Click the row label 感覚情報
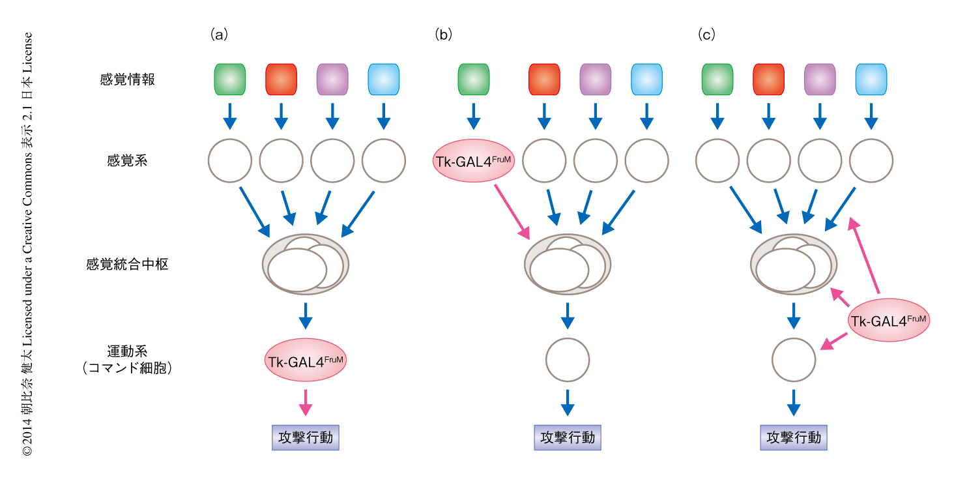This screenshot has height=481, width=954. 127,80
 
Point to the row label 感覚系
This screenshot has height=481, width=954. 127,160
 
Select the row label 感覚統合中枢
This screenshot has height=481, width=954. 127,265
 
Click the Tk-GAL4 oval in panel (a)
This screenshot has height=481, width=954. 306,359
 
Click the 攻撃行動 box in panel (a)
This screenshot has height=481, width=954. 306,437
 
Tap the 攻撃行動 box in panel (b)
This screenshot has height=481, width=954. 568,437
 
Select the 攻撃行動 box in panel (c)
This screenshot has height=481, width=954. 794,437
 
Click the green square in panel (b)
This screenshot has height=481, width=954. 474,80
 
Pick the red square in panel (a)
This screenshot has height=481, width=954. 282,80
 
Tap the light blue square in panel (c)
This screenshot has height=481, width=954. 871,80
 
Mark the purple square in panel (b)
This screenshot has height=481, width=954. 596,80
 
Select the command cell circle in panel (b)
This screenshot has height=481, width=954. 568,360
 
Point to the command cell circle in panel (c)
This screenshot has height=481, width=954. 794,360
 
